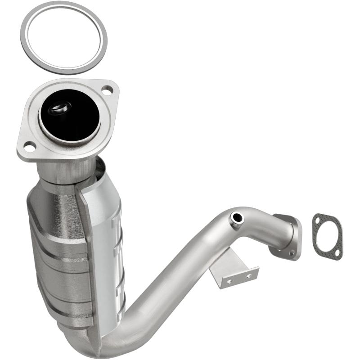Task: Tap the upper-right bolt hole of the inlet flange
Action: point(107,91)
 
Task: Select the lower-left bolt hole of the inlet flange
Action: point(29,146)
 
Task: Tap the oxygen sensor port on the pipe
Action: point(237,218)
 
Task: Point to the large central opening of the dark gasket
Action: point(328,236)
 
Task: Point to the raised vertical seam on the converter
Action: point(88,252)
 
